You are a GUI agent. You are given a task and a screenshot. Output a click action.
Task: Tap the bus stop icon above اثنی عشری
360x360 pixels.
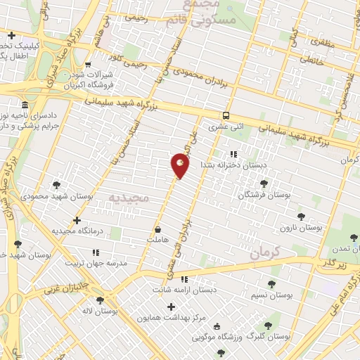click(225, 116)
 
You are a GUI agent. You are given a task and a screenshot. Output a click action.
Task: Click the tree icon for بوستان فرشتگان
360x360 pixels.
click(264, 183)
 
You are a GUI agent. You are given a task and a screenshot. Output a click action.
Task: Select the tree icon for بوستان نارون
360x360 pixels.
click(302, 217)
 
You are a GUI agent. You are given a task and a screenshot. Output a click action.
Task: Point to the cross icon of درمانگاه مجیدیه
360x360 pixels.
click(77, 221)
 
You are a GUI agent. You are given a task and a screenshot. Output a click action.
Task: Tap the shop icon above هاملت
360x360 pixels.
click(158, 229)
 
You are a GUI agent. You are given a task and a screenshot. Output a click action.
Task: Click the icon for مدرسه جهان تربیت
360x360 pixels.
click(96, 252)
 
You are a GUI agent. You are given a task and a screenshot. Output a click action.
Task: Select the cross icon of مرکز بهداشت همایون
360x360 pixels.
click(171, 307)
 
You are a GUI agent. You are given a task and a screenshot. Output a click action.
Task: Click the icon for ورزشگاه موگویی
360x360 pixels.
click(217, 325)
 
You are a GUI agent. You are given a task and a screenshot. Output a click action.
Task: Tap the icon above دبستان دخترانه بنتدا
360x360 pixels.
click(233, 154)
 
